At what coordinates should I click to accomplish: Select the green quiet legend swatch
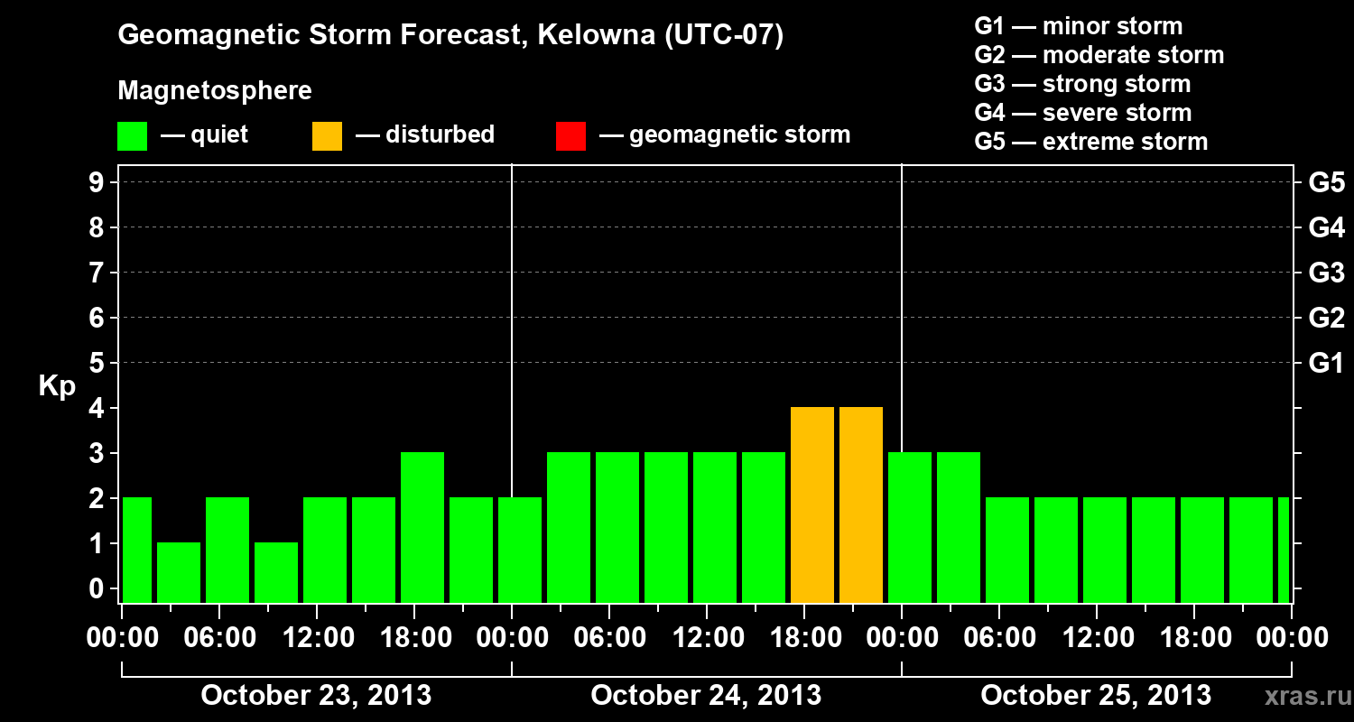(x=132, y=135)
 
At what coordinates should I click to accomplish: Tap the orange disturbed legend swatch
(x=327, y=135)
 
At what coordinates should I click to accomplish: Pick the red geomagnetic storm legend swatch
(x=570, y=135)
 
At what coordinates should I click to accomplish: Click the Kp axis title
(x=57, y=386)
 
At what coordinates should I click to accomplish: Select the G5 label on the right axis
(x=1326, y=183)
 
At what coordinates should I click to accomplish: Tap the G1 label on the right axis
(x=1326, y=364)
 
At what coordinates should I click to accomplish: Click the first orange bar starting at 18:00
(x=812, y=505)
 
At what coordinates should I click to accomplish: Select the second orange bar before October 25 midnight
(x=861, y=505)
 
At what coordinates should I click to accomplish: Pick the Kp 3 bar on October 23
(x=422, y=528)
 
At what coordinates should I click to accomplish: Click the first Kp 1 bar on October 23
(x=179, y=572)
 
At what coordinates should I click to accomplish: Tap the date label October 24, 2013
(x=706, y=696)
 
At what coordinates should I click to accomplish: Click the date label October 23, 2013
(x=316, y=696)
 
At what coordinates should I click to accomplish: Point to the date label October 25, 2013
(x=1096, y=696)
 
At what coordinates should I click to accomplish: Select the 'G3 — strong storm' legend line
(x=1082, y=84)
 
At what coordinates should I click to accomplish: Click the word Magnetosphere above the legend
(x=215, y=91)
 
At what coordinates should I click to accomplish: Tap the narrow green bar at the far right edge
(x=1284, y=551)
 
